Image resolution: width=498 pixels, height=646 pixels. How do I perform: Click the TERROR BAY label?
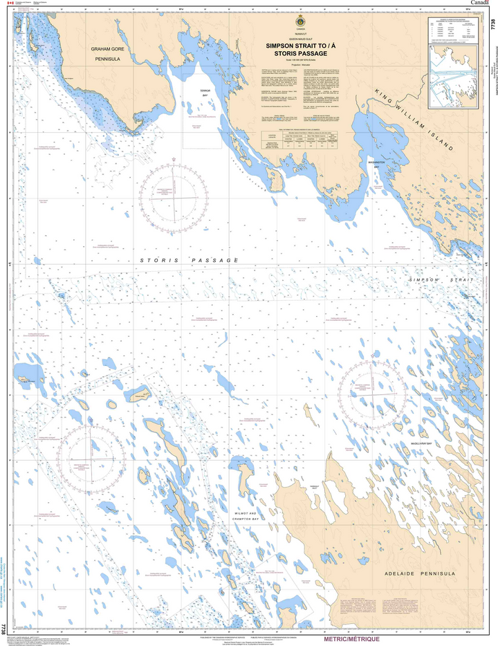[205, 95]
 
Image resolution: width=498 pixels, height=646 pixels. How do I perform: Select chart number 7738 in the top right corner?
[492, 28]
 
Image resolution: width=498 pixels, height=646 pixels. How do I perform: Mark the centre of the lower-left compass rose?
[91, 458]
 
